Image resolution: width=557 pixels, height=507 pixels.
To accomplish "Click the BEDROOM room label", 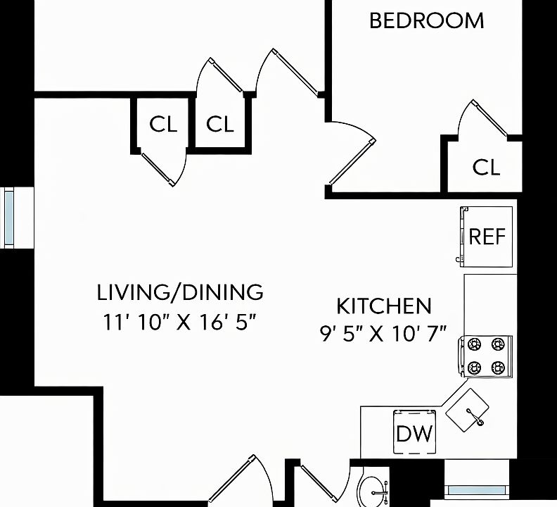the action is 427,20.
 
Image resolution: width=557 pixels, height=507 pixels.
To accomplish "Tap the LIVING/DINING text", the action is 180,292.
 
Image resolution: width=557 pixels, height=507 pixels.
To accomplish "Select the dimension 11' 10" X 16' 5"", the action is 180,323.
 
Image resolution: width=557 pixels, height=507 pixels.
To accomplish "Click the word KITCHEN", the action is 384,306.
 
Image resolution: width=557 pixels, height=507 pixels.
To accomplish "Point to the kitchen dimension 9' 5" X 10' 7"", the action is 383,334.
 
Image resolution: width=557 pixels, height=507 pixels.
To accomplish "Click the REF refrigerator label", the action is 487,237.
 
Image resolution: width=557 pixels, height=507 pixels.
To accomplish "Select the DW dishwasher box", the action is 414,432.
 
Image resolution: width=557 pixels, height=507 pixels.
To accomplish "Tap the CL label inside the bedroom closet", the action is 486,167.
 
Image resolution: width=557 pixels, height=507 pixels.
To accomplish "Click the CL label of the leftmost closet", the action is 163,124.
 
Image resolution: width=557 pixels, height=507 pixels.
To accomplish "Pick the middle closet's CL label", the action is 220,124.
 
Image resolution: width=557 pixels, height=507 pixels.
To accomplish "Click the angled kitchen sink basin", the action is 467,410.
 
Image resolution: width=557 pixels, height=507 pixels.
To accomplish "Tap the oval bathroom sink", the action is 371,492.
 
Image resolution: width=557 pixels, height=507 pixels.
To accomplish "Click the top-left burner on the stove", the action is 474,344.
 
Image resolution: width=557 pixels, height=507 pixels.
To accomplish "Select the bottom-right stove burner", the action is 498,367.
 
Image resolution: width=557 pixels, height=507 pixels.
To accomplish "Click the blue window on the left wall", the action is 8,218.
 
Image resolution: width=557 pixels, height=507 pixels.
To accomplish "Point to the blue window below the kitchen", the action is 476,490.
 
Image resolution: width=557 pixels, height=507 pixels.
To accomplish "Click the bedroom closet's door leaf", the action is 490,118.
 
